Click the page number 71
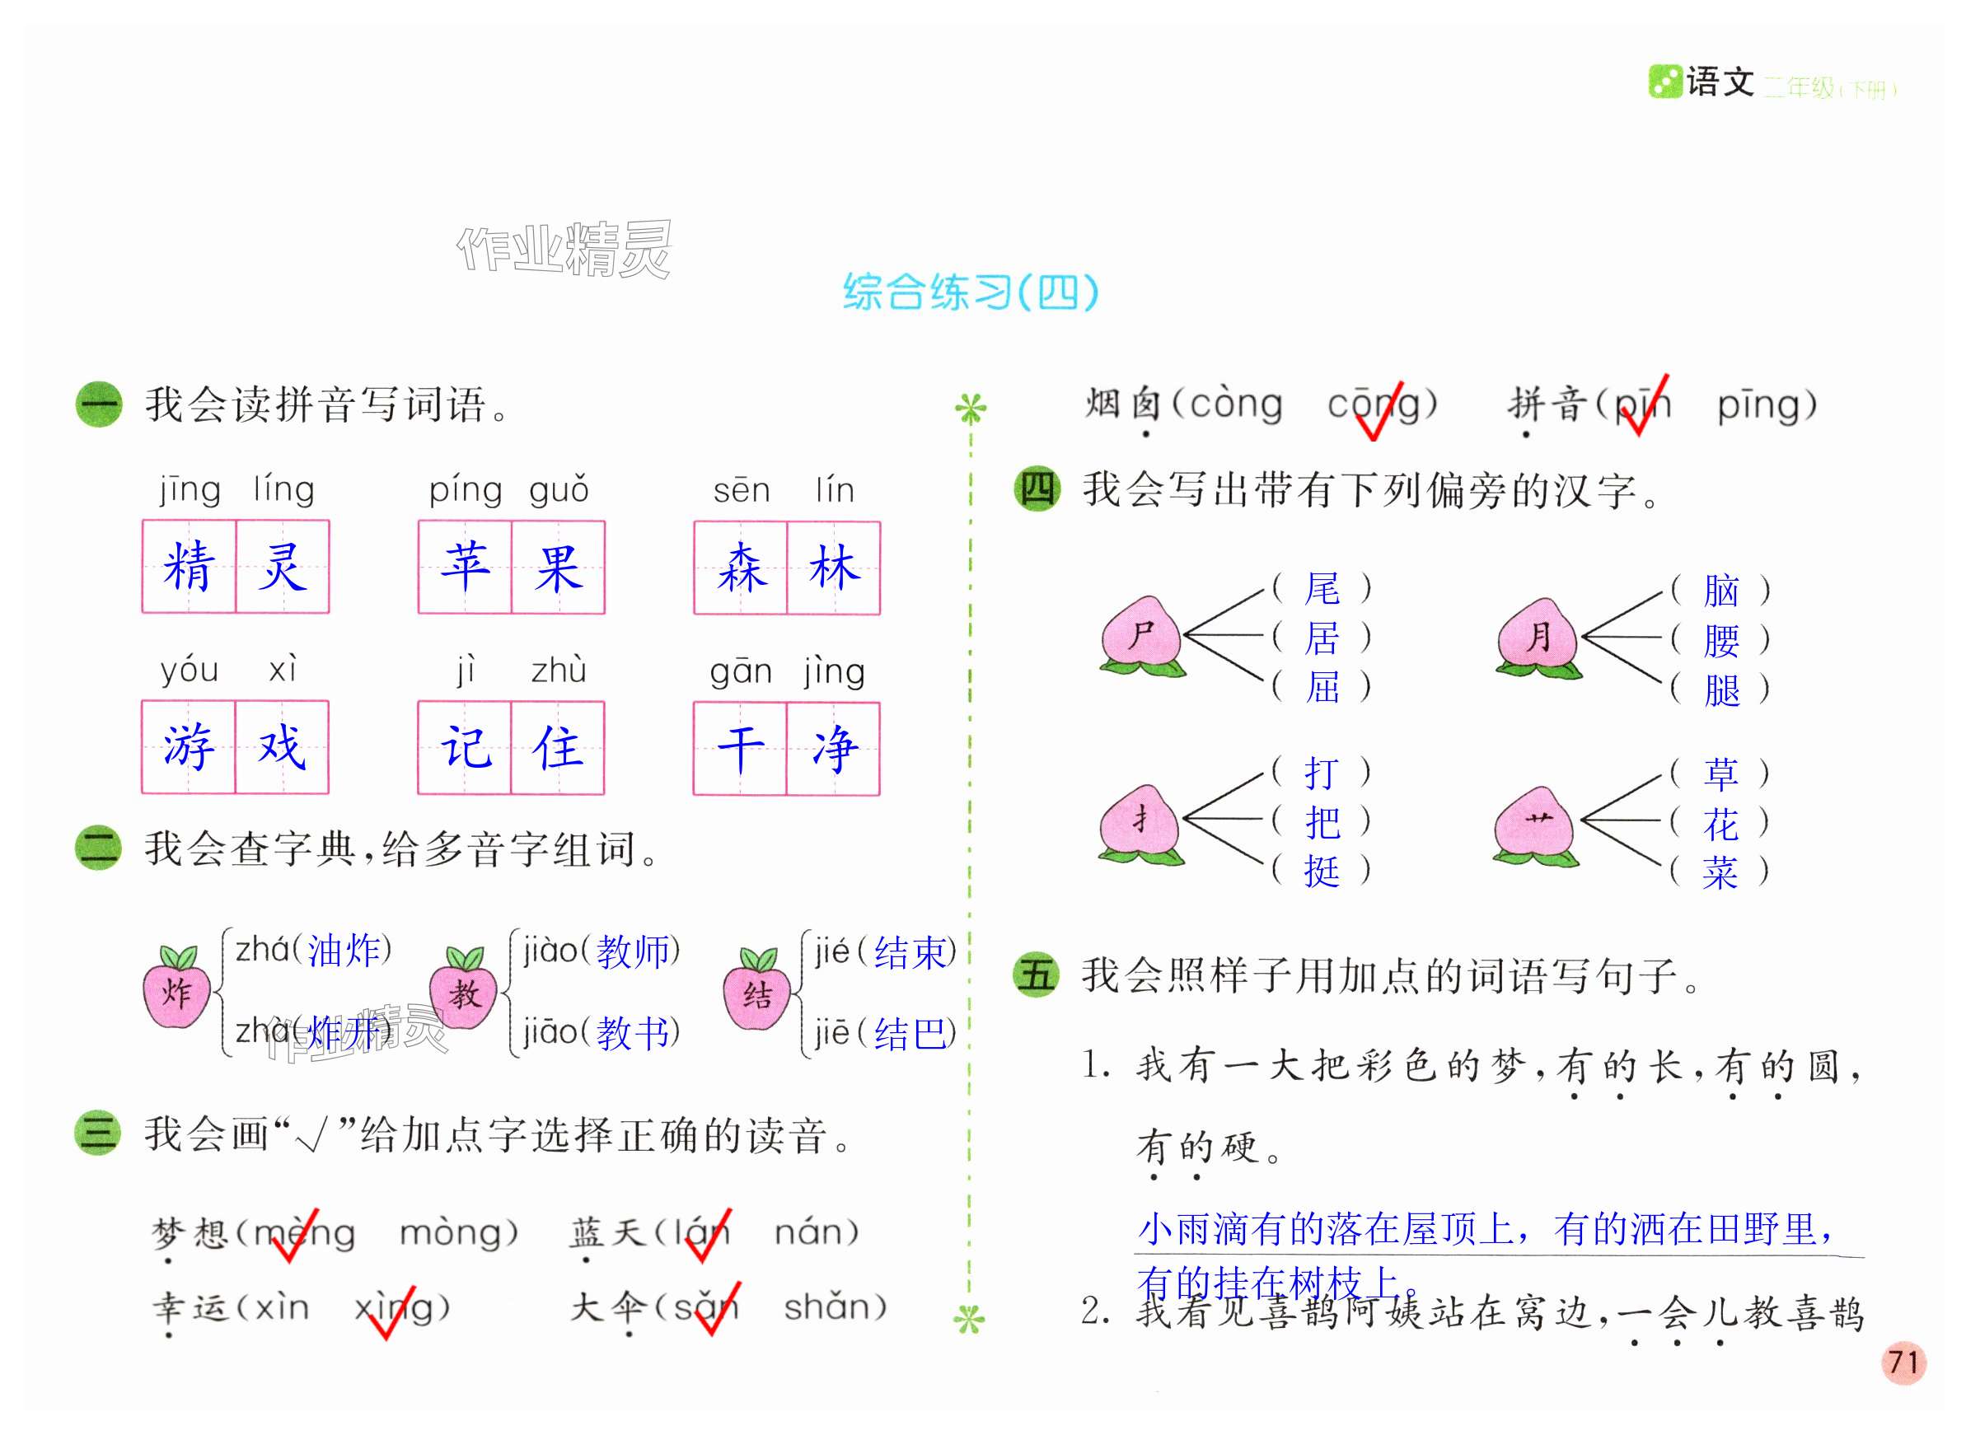(1903, 1361)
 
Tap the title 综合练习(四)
(971, 292)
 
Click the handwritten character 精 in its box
(189, 567)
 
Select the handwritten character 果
(558, 568)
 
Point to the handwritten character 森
(740, 568)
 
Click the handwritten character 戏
(282, 747)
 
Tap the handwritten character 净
(833, 749)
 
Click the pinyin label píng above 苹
(465, 492)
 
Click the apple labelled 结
(756, 990)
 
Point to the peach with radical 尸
(1140, 637)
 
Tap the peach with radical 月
(1538, 638)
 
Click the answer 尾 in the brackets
(1322, 589)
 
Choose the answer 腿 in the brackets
(1721, 690)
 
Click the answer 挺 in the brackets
(1322, 872)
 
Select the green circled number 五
(1037, 974)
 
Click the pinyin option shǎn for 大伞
(833, 1306)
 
